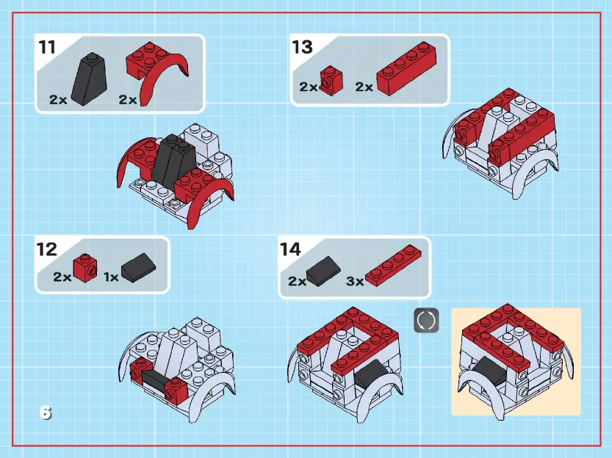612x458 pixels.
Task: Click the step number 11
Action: (47, 48)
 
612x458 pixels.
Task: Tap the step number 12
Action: (47, 249)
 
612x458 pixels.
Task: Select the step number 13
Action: (302, 48)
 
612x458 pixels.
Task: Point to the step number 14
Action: (290, 250)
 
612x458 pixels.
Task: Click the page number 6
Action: (46, 413)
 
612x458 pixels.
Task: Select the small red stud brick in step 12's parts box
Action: (85, 269)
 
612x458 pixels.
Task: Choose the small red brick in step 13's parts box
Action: (331, 80)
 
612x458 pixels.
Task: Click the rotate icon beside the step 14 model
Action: (426, 321)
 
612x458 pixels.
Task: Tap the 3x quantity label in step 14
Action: (354, 281)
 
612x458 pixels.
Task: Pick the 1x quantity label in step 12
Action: (111, 277)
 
